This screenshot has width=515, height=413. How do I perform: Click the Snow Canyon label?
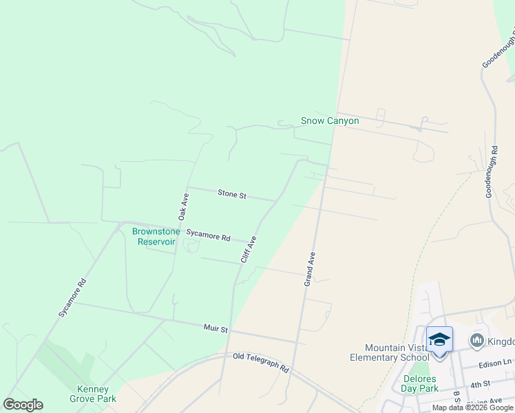click(330, 121)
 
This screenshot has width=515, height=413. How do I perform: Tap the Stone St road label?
click(232, 195)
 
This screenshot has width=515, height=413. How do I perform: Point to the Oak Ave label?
click(184, 206)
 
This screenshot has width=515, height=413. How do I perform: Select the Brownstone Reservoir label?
click(156, 236)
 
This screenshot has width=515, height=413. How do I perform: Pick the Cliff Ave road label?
click(248, 250)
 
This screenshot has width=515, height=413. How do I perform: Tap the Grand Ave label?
click(311, 268)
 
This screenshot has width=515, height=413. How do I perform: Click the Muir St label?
click(216, 329)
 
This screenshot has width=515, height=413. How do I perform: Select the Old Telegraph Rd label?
click(260, 362)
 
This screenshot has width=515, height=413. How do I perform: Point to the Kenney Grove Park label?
click(93, 394)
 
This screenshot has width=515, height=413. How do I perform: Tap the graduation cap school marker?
click(439, 339)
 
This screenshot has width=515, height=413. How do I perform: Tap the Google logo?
click(23, 405)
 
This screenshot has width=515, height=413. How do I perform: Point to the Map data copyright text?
click(473, 407)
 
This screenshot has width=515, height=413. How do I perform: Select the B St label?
click(455, 398)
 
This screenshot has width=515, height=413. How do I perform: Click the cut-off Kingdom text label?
click(501, 341)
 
